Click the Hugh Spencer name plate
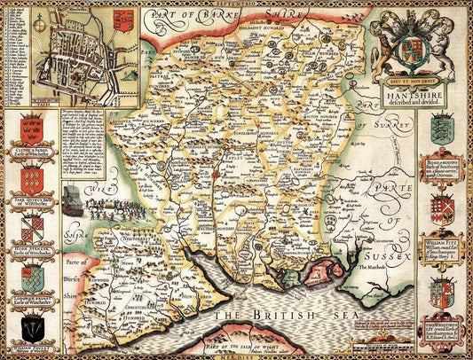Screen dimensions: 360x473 pos(30,249)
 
